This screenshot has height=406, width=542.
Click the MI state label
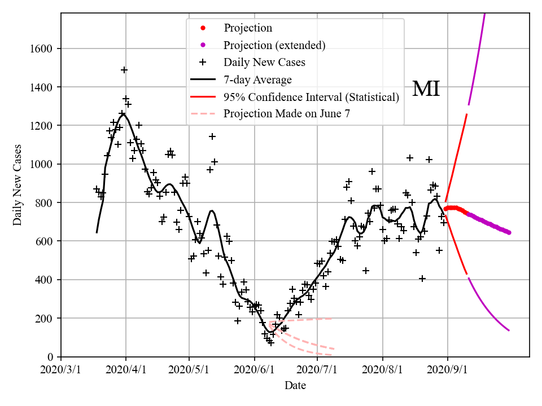(x=426, y=89)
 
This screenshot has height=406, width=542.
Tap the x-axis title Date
(x=295, y=386)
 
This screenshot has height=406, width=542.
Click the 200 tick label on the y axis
(x=45, y=319)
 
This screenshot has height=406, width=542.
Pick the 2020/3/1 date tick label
(x=61, y=370)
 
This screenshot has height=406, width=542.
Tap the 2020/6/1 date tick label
(x=255, y=370)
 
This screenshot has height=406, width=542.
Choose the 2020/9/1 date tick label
(x=448, y=370)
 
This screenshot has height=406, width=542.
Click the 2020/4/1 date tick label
(x=126, y=370)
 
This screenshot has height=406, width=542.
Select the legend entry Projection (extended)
(x=274, y=45)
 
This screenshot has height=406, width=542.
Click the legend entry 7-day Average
(x=257, y=80)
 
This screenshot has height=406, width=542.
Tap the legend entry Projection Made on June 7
(x=287, y=114)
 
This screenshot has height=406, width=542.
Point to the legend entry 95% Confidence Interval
(x=311, y=97)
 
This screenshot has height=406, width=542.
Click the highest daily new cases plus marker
(x=124, y=70)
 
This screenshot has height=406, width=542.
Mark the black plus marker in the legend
(x=203, y=62)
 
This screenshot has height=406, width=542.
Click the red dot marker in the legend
(x=203, y=28)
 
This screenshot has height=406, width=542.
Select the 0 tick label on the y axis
(x=50, y=357)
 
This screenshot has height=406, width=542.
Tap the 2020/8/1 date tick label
(x=383, y=370)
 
